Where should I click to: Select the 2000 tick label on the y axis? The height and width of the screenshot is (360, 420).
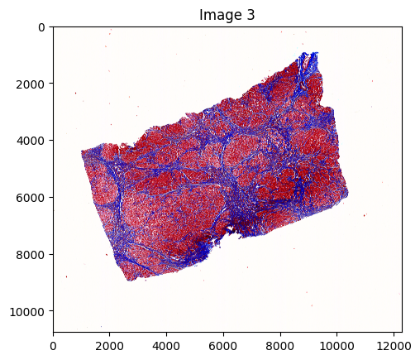point(34,84)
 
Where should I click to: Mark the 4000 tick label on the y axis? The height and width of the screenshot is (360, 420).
point(34,141)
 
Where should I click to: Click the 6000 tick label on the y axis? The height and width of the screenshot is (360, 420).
point(34,197)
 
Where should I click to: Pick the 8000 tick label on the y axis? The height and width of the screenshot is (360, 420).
point(34,254)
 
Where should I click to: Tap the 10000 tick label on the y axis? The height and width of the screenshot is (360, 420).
point(31,310)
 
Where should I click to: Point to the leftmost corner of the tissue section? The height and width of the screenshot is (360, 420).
point(81,151)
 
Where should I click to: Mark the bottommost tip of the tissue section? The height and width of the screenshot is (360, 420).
point(130,281)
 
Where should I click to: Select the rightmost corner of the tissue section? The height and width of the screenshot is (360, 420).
point(348,194)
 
